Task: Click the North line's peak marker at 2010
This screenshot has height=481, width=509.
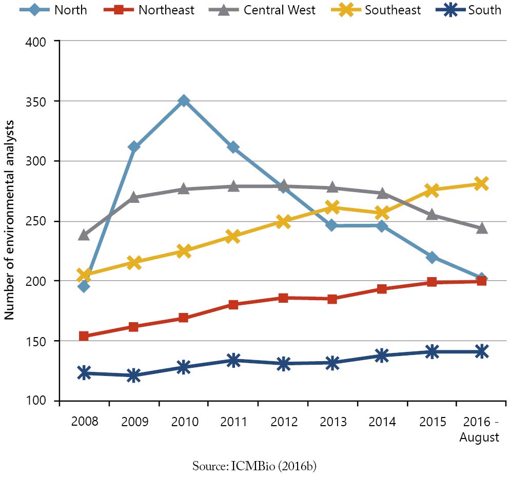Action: [184, 101]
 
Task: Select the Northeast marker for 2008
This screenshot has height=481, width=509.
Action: [84, 336]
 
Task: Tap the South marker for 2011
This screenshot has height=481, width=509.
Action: [233, 360]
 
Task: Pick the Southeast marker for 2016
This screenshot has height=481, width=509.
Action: [481, 184]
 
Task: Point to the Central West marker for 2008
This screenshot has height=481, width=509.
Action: [84, 235]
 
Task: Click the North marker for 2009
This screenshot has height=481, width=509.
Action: [134, 148]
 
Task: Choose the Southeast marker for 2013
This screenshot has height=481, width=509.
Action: [332, 207]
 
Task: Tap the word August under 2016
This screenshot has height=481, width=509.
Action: [479, 438]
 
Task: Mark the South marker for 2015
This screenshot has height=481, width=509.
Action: [432, 352]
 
